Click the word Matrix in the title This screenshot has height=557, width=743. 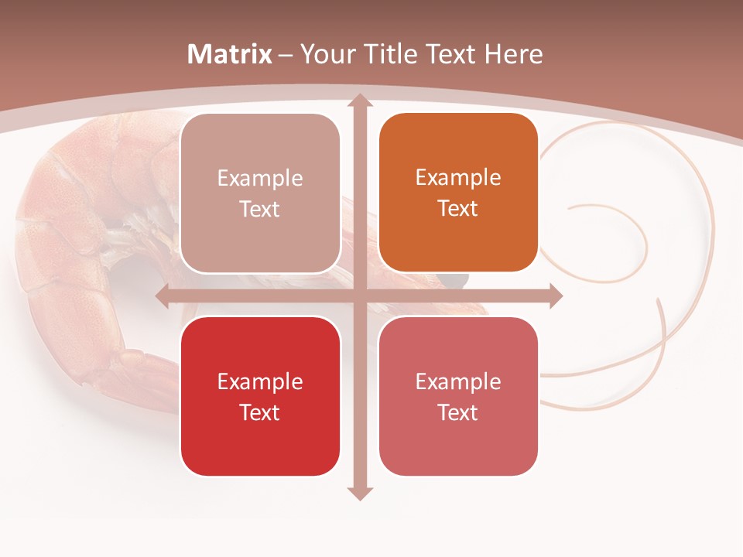[x=230, y=54]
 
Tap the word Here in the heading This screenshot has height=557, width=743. [x=513, y=54]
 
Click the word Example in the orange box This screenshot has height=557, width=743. [x=458, y=177]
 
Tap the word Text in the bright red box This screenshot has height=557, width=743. [x=260, y=412]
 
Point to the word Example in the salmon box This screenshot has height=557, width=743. [x=458, y=381]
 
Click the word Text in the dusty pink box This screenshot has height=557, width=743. [x=260, y=209]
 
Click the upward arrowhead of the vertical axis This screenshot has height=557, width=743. [x=359, y=101]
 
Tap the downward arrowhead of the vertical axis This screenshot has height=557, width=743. [x=359, y=493]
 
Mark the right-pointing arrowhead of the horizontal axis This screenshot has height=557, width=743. [x=555, y=296]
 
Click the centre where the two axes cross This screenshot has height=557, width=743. [x=359, y=296]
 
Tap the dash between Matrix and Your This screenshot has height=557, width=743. [x=285, y=55]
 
